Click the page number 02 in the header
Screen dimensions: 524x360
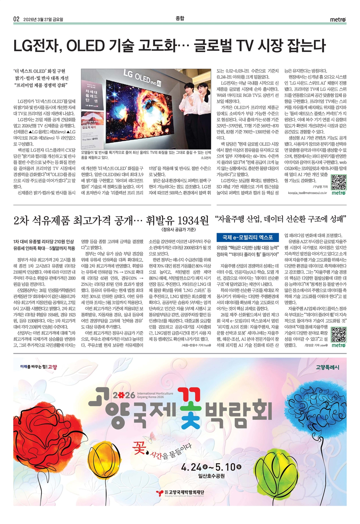tap(16, 19)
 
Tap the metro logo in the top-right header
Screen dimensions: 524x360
tap(337, 20)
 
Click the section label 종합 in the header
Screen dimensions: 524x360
tap(180, 18)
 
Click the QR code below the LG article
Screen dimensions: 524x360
tap(339, 181)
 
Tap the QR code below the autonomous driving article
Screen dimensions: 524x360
tap(339, 334)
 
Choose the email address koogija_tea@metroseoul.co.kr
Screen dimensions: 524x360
tap(307, 193)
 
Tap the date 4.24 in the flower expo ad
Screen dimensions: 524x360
tap(191, 467)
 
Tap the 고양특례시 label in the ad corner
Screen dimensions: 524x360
tap(327, 367)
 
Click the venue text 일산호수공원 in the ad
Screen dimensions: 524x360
tap(211, 477)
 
